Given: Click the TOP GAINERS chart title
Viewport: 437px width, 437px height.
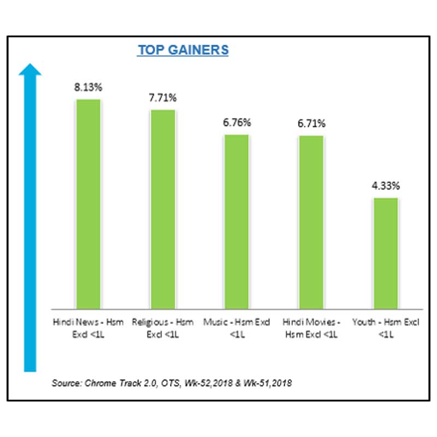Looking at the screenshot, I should pyautogui.click(x=182, y=50).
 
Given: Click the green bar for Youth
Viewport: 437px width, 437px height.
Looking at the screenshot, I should pyautogui.click(x=386, y=253).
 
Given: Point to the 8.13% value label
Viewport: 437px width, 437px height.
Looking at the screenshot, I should pyautogui.click(x=88, y=86).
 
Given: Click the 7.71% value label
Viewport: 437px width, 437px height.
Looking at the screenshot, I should pyautogui.click(x=162, y=98).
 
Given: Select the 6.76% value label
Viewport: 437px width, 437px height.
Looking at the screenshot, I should pyautogui.click(x=237, y=122).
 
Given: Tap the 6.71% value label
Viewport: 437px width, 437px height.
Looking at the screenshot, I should pyautogui.click(x=311, y=123).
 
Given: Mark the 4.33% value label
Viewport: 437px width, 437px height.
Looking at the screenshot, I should pyautogui.click(x=386, y=186).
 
